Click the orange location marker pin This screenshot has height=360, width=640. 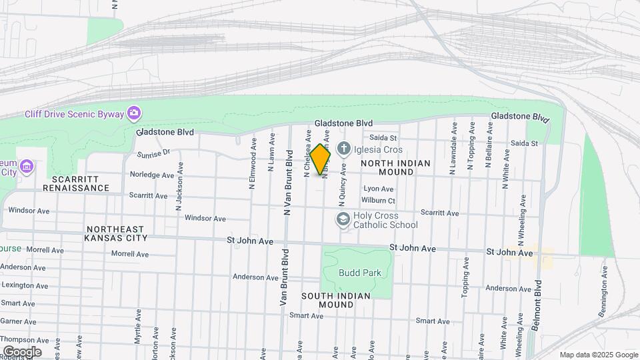[321, 160]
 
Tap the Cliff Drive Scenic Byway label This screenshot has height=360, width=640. [74, 114]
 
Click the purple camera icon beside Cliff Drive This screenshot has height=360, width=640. [134, 113]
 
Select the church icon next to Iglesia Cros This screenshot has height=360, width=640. [343, 148]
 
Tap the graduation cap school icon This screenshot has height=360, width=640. [343, 219]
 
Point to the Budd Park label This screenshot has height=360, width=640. [359, 273]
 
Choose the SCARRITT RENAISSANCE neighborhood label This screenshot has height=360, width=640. [75, 183]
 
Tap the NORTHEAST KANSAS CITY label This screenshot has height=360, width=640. [125, 233]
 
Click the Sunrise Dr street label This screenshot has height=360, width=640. [154, 153]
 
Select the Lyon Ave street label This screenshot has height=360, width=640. [378, 189]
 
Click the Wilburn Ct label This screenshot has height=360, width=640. [379, 200]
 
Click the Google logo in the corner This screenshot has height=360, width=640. [22, 351]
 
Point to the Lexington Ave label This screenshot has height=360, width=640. [25, 286]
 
